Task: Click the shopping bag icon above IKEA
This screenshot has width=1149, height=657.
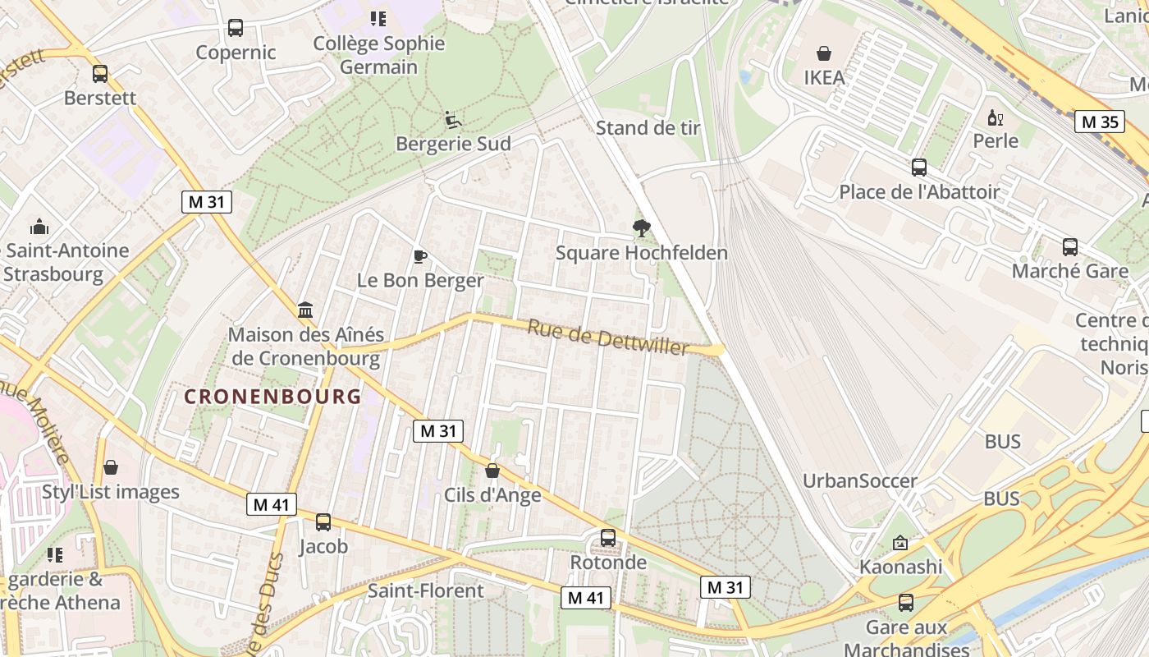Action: [824, 53]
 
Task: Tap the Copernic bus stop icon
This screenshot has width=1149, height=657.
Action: [236, 28]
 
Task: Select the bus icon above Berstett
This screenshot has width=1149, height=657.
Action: [100, 74]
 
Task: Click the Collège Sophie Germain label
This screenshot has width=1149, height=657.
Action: [379, 55]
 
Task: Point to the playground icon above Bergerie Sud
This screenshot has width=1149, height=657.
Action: [453, 120]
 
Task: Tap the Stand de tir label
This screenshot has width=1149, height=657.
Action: [648, 128]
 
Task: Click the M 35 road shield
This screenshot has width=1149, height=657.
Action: [1099, 122]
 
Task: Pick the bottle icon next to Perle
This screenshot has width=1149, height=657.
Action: [996, 117]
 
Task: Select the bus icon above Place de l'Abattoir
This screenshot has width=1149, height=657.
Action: [919, 168]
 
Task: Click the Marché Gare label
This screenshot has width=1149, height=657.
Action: [1069, 271]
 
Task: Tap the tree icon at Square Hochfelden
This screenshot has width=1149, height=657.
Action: [642, 228]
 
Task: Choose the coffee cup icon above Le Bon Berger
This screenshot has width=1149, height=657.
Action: [420, 257]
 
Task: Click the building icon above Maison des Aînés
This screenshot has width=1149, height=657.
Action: [305, 310]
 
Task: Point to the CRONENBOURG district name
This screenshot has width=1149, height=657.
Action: [272, 397]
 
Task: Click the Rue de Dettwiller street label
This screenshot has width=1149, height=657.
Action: [607, 338]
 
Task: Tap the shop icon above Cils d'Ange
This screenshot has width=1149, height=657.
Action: [492, 471]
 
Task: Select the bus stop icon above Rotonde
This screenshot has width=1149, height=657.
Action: [608, 538]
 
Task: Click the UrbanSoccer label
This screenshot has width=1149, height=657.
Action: [859, 481]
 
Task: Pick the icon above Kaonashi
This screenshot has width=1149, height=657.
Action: [900, 543]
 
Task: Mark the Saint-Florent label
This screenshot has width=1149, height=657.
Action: [425, 590]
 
